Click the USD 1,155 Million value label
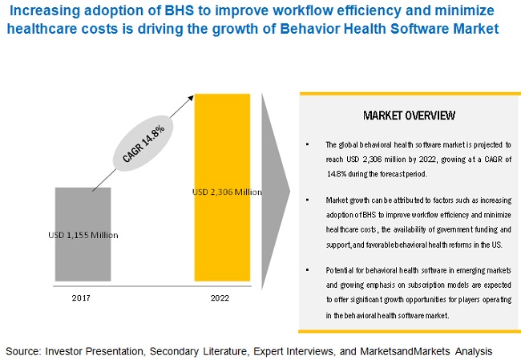tap(83, 235)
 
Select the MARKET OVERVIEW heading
tap(409, 115)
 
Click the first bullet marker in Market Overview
tap(307, 145)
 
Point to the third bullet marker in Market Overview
tap(307, 264)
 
